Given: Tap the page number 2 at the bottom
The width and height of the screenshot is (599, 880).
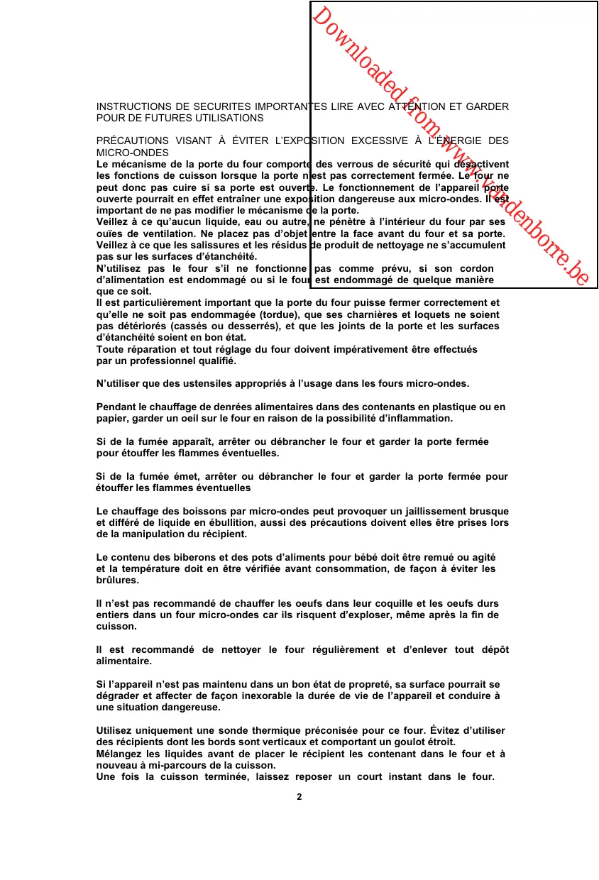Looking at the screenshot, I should [299, 796].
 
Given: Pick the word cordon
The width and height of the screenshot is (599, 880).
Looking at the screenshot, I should [477, 268].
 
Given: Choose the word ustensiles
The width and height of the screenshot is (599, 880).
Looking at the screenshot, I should [202, 383].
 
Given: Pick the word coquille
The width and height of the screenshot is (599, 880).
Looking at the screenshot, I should [381, 603].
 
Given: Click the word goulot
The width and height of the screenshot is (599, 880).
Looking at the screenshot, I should [394, 742].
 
